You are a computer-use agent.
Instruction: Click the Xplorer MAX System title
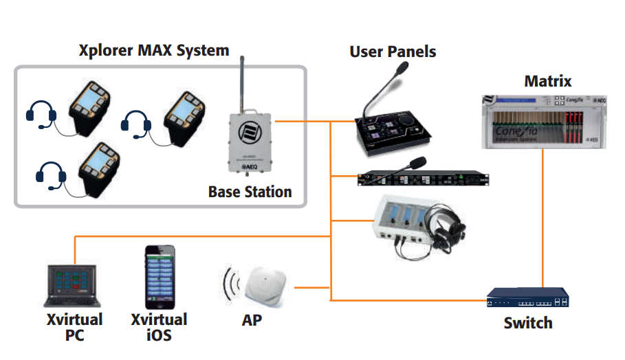[x=153, y=50]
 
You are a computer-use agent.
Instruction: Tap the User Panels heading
[x=393, y=51]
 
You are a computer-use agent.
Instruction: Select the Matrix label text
[x=547, y=81]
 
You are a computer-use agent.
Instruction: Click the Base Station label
[x=250, y=192]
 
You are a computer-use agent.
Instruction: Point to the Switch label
[x=527, y=322]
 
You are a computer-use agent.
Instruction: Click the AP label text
[x=252, y=320]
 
